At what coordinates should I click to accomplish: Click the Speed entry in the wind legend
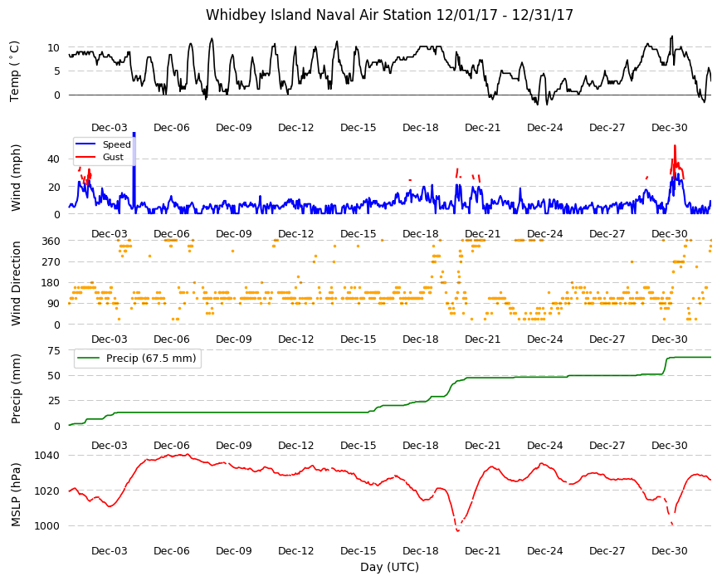pos(116,144)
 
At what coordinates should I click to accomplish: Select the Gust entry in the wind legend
pos(113,157)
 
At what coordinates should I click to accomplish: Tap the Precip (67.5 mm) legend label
pos(151,359)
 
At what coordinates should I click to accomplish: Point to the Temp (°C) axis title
pos(15,71)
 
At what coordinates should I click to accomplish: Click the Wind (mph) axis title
pos(16,178)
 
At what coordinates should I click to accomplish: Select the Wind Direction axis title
pos(16,283)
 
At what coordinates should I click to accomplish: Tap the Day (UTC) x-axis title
pos(389,567)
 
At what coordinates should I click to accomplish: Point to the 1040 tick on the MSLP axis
pos(47,456)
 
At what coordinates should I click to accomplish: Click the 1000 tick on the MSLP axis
pos(47,525)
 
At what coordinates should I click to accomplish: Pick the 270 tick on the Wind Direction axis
pos(51,262)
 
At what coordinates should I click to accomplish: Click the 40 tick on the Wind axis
pos(53,159)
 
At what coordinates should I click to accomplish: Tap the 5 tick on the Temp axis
pos(57,71)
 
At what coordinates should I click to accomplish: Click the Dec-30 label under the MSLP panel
pos(669,550)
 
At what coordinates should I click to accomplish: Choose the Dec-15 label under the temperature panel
pos(359,128)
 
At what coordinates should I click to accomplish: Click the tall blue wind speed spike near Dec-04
pos(134,173)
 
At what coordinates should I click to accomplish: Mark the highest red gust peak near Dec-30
pos(675,146)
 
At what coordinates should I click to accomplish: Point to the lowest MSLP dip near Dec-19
pos(458,531)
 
